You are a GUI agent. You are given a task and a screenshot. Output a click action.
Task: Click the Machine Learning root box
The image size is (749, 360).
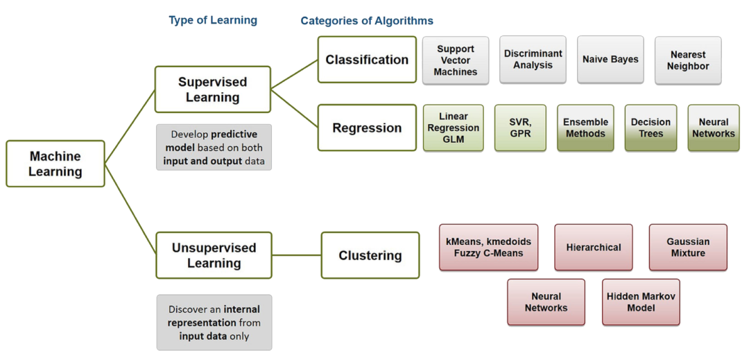click(55, 164)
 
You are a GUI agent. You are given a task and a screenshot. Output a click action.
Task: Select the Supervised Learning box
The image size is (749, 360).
click(212, 89)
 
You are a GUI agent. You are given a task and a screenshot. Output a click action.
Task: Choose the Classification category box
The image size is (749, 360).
click(367, 60)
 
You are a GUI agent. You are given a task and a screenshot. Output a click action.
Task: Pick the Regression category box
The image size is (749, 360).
click(367, 128)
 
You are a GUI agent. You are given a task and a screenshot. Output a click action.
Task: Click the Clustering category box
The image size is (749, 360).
click(370, 255)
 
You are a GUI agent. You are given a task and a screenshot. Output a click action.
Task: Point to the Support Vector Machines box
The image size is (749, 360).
click(456, 60)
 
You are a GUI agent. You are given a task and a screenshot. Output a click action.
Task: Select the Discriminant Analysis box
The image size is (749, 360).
click(533, 60)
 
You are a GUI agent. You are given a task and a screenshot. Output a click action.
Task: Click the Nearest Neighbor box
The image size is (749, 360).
click(688, 60)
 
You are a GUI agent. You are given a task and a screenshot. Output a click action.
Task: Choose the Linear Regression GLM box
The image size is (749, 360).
click(454, 128)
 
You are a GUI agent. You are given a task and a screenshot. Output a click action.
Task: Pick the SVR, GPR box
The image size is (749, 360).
click(520, 128)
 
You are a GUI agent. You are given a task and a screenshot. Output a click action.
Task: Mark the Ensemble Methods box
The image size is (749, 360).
click(585, 128)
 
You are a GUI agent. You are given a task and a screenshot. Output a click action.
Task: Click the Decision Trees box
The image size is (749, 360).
click(651, 128)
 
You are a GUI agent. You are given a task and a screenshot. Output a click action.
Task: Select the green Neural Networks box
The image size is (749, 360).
click(713, 128)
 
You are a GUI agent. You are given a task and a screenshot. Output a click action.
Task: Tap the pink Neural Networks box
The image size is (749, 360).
click(546, 302)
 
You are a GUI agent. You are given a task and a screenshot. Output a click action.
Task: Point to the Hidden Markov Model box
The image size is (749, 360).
click(641, 302)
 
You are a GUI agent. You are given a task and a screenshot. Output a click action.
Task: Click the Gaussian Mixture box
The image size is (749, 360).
click(688, 248)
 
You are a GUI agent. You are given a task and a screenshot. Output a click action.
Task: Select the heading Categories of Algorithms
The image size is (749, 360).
click(367, 21)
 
